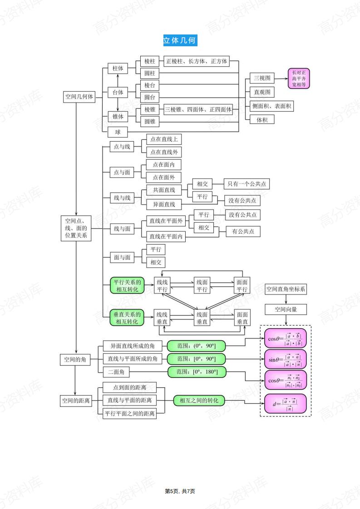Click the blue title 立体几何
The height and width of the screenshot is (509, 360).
pyautogui.click(x=180, y=40)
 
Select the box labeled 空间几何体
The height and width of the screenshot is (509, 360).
pyautogui.click(x=79, y=97)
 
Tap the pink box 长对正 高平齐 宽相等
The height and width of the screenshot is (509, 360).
pyautogui.click(x=299, y=78)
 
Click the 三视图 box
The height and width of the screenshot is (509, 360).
pyautogui.click(x=262, y=78)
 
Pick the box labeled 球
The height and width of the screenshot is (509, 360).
pyautogui.click(x=118, y=132)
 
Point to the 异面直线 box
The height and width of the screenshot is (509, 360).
pyautogui.click(x=163, y=204)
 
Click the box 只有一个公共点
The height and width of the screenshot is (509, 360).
pyautogui.click(x=247, y=184)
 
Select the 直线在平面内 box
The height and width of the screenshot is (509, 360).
pyautogui.click(x=167, y=236)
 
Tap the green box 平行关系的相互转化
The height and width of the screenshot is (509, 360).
pyautogui.click(x=127, y=285)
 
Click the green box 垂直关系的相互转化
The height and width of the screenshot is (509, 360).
pyautogui.click(x=127, y=317)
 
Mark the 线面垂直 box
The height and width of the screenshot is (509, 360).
pyautogui.click(x=202, y=318)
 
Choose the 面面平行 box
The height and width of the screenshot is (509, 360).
pyautogui.click(x=242, y=285)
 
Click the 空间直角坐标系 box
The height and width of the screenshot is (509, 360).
pyautogui.click(x=286, y=289)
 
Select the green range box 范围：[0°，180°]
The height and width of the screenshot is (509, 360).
pyautogui.click(x=197, y=372)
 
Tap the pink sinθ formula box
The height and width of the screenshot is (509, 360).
pyautogui.click(x=285, y=360)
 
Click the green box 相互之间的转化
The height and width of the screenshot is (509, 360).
pyautogui.click(x=199, y=401)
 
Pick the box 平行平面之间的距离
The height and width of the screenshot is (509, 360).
pyautogui.click(x=130, y=413)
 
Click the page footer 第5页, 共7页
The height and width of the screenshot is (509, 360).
pyautogui.click(x=180, y=491)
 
